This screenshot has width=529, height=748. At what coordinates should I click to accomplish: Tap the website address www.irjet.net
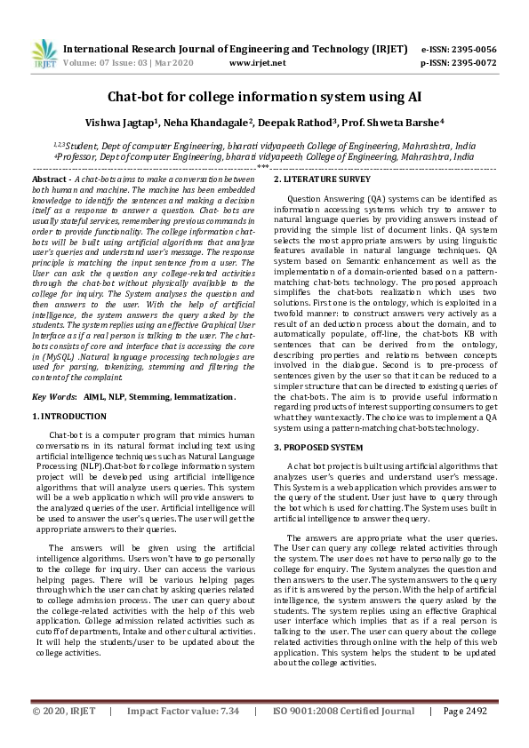[257, 64]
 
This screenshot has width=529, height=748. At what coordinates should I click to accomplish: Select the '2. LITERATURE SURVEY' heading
[322, 179]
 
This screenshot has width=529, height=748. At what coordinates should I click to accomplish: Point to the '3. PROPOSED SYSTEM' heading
[318, 447]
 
